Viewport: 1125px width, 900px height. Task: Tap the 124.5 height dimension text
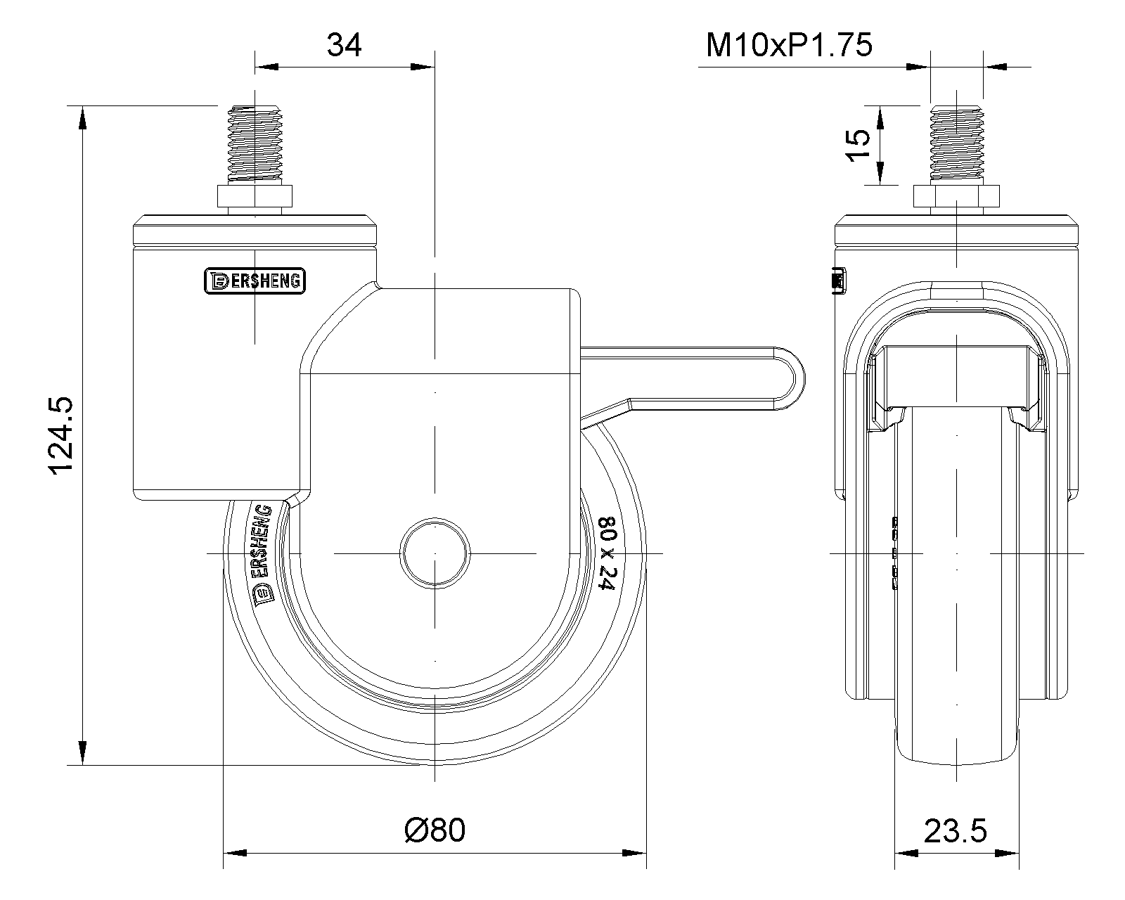tap(61, 436)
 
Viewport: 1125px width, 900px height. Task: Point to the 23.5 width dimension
tap(955, 831)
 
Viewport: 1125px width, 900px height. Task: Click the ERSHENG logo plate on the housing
tap(255, 281)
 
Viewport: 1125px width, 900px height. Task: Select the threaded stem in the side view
tap(255, 145)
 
